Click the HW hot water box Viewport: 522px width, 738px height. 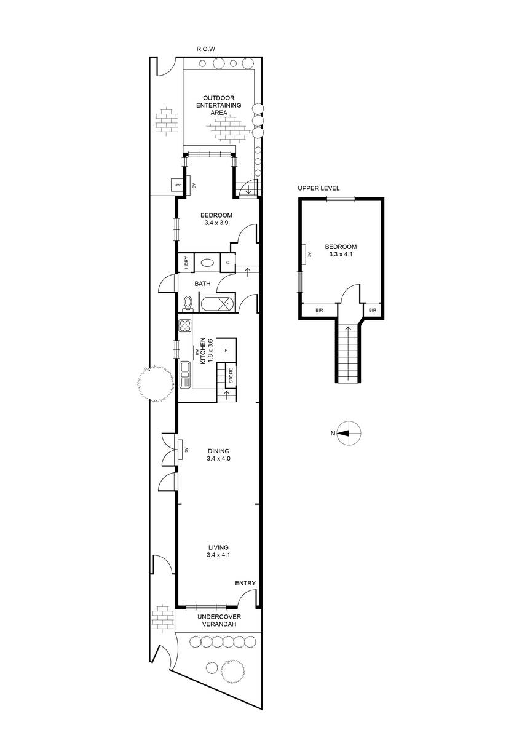[x=177, y=185]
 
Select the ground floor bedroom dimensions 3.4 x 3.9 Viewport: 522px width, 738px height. [x=215, y=223]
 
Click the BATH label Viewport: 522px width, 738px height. [x=203, y=284]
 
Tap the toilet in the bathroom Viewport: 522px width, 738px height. [x=188, y=304]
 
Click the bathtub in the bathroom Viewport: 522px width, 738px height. [x=217, y=304]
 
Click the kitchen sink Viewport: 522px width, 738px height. [x=185, y=371]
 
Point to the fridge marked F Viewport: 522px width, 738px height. [x=227, y=351]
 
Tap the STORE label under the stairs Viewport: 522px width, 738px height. [x=231, y=376]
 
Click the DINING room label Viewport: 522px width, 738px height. [x=218, y=451]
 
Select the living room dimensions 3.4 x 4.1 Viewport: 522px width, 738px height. [x=218, y=555]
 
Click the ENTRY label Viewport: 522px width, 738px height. [x=245, y=584]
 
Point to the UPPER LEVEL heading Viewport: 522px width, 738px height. [x=318, y=188]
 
